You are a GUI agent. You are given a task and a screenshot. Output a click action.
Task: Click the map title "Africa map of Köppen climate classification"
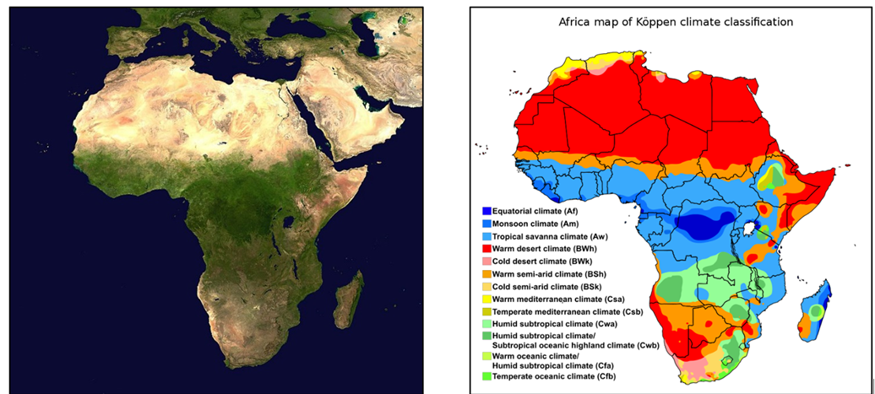[x=675, y=22]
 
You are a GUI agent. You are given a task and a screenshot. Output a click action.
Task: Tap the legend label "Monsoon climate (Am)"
[x=524, y=224]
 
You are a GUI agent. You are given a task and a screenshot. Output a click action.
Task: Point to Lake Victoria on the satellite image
[x=290, y=224]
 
